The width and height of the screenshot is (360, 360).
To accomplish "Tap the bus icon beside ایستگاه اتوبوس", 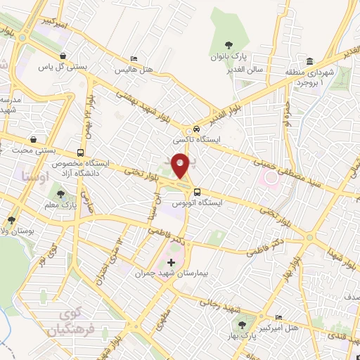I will [x=197, y=191].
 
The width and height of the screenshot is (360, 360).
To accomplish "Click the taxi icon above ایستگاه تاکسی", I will [x=197, y=131].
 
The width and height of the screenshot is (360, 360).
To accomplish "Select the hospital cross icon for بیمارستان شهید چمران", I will [x=171, y=262].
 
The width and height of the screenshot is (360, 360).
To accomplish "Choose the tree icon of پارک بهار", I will [x=243, y=325].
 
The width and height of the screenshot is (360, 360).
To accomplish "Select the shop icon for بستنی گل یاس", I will [x=64, y=56].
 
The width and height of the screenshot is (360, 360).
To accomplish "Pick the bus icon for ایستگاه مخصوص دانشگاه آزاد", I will [x=82, y=152].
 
